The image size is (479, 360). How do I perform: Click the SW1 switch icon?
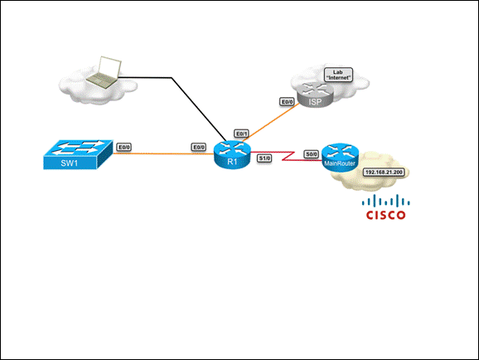(78, 155)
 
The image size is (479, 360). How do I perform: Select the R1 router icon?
(232, 155)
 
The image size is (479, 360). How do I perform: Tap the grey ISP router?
(316, 95)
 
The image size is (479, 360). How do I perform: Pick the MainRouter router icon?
(340, 158)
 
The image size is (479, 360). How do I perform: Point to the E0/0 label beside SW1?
(124, 148)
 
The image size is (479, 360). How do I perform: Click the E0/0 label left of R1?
(199, 148)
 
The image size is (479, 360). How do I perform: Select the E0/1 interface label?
(241, 134)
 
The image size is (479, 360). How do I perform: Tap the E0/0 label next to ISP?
(287, 102)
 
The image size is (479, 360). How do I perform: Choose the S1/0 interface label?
(264, 158)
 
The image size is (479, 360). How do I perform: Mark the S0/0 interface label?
(312, 154)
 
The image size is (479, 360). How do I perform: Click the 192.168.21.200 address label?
(384, 173)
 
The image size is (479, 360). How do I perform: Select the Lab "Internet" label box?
(338, 75)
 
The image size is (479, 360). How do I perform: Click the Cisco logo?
(386, 207)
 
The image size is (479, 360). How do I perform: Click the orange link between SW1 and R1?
(163, 153)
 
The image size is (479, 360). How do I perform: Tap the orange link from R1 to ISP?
(271, 122)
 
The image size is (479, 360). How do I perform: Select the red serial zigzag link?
(288, 156)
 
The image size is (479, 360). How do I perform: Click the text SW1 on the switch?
(70, 163)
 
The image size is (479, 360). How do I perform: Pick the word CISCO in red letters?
(386, 215)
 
